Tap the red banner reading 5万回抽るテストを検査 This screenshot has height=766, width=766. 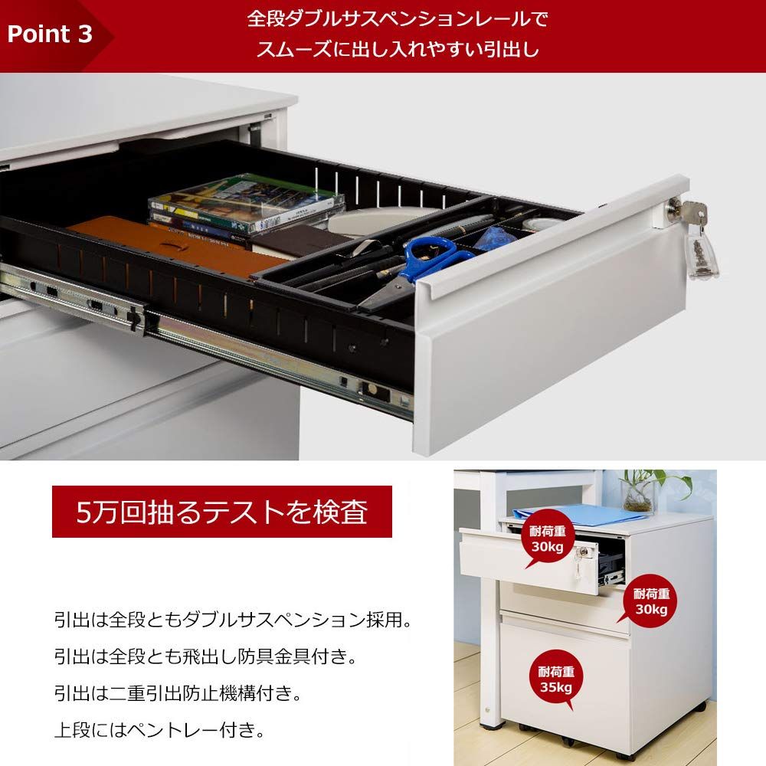222,512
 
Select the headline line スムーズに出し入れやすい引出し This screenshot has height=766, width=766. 398,51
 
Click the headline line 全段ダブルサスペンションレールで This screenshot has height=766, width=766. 398,18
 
